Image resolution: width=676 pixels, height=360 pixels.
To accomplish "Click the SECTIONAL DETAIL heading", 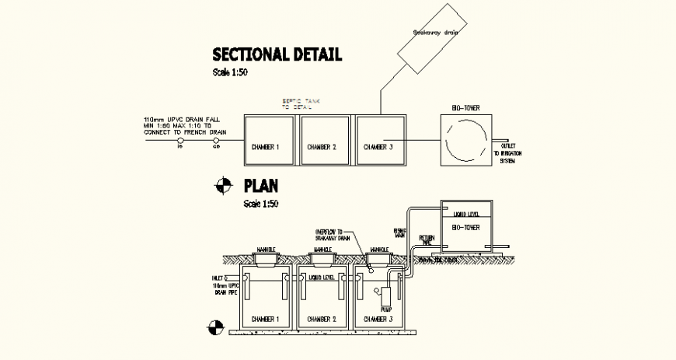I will coord(277,54).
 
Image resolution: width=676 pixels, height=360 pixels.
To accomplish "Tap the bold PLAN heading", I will coord(262,187).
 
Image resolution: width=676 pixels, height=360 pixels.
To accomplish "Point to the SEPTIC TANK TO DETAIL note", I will coord(299,105).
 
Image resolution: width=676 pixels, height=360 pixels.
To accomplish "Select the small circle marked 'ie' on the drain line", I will coord(179,141).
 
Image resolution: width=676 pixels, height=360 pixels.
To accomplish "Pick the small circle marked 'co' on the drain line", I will coord(216,141).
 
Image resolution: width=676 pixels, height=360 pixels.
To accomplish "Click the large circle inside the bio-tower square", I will coord(466,140).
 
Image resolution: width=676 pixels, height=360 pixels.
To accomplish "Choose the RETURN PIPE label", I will coord(427,241).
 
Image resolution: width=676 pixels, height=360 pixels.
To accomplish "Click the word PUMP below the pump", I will coord(385,309).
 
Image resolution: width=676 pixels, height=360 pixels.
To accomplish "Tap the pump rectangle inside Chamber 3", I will coord(385,295).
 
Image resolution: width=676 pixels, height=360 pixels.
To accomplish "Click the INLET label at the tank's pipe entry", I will coord(221,276).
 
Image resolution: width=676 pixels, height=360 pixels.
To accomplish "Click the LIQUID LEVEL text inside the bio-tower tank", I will coord(467,213).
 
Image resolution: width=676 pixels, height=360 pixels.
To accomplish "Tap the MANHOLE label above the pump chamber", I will coord(380,250).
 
